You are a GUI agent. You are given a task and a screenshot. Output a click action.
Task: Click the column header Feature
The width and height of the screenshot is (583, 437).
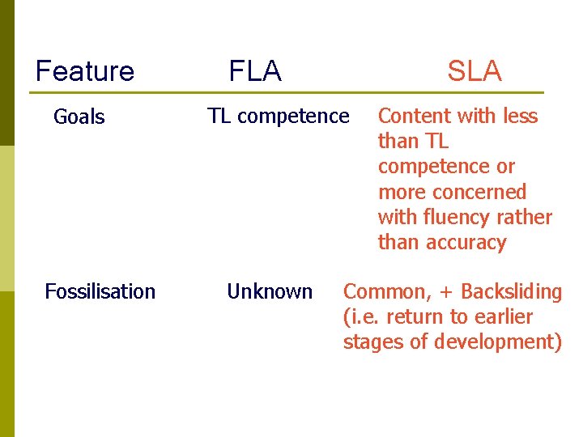pyautogui.click(x=85, y=71)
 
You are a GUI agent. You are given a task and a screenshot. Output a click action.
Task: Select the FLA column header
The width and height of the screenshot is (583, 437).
pyautogui.click(x=255, y=71)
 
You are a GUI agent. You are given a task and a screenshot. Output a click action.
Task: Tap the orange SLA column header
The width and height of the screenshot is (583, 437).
pyautogui.click(x=474, y=71)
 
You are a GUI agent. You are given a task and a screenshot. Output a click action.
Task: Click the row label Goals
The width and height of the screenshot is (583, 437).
pyautogui.click(x=79, y=117)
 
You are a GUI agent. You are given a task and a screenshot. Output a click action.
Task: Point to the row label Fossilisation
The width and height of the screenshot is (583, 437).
pyautogui.click(x=100, y=291)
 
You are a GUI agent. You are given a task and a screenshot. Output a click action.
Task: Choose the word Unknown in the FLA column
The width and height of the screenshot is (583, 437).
pyautogui.click(x=270, y=291)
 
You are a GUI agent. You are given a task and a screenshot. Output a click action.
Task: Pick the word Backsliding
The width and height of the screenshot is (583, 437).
pyautogui.click(x=511, y=291)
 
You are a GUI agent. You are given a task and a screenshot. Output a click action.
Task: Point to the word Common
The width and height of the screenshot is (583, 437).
pyautogui.click(x=377, y=291)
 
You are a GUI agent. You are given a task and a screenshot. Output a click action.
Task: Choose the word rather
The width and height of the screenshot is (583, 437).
pyautogui.click(x=526, y=218)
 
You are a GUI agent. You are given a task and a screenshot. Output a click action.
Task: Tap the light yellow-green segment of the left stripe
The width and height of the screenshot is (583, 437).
pyautogui.click(x=7, y=218)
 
